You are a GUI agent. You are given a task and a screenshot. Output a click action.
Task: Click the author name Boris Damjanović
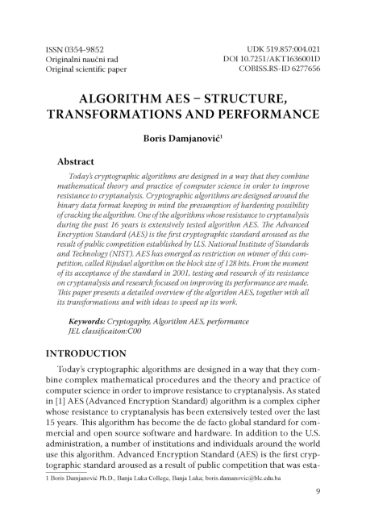pos(182,140)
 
